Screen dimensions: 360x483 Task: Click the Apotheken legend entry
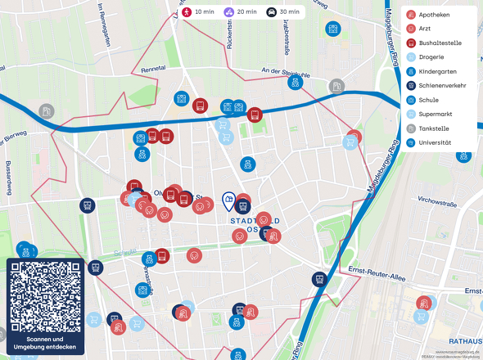[x=433, y=15]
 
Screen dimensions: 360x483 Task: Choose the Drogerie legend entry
[x=431, y=57]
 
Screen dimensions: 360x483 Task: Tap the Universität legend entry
[x=434, y=142]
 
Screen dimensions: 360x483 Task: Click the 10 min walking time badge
[x=197, y=12]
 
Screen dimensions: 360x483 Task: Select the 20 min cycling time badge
[x=239, y=12]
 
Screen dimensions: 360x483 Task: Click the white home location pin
[x=229, y=199]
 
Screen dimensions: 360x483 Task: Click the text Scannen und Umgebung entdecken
[x=45, y=343]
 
